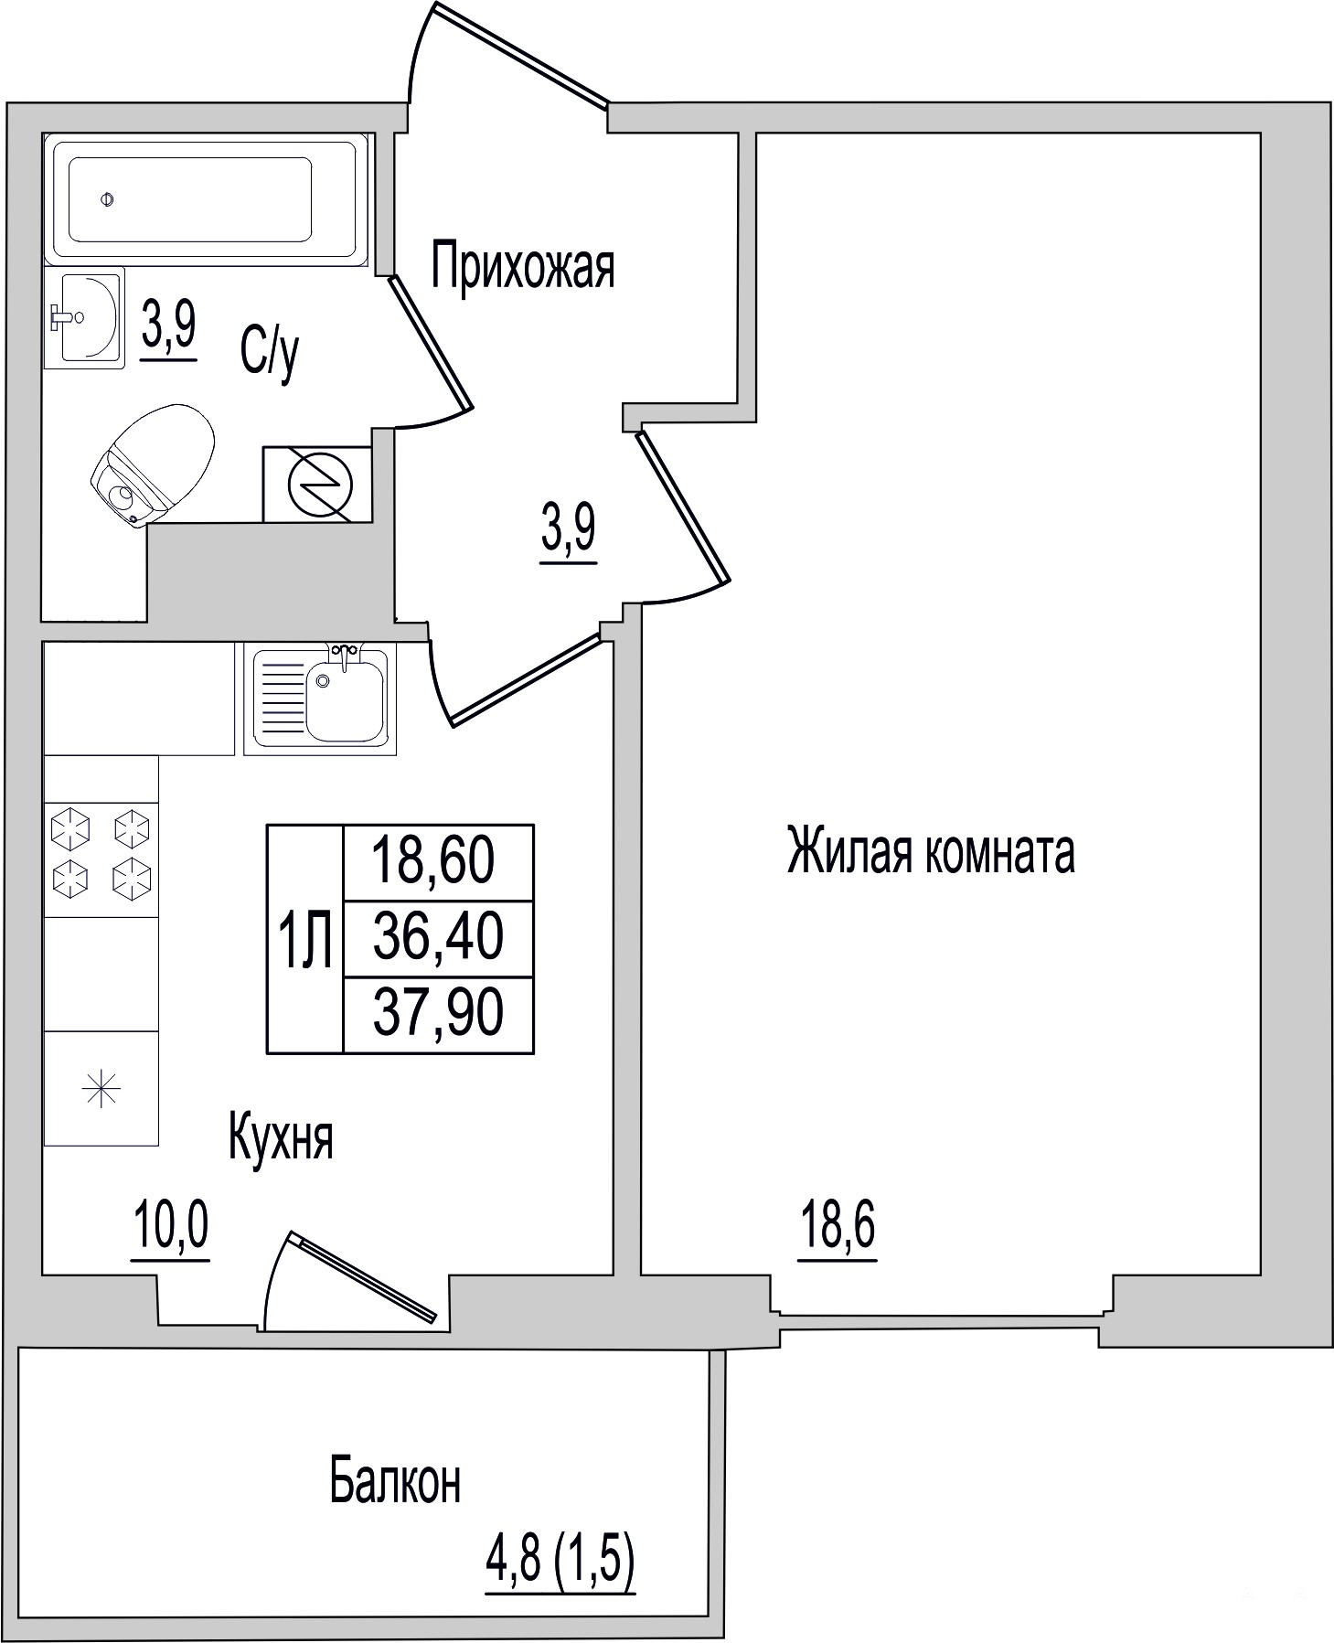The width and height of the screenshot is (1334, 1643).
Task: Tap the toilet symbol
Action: (x=153, y=465)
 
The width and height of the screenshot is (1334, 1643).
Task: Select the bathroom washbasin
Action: (x=83, y=318)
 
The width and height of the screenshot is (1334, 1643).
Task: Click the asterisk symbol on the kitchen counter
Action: (x=101, y=1090)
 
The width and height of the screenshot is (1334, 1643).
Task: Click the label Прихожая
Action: (x=523, y=266)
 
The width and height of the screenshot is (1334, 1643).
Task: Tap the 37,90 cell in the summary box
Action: (x=439, y=1013)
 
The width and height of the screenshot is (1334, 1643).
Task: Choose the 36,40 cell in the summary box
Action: (x=439, y=938)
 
